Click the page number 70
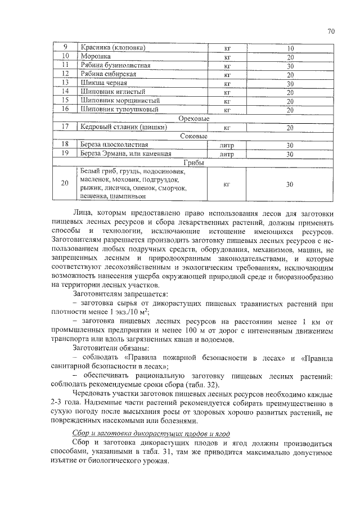click(331, 31)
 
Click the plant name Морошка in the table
click(95, 56)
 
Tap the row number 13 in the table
click(65, 83)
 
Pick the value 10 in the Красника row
click(290, 48)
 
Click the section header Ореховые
click(193, 119)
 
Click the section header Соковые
click(193, 136)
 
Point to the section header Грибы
click(193, 163)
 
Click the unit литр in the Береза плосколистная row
click(227, 145)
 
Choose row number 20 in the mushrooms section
click(65, 183)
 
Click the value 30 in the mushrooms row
click(290, 184)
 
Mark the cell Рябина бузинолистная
click(115, 65)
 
